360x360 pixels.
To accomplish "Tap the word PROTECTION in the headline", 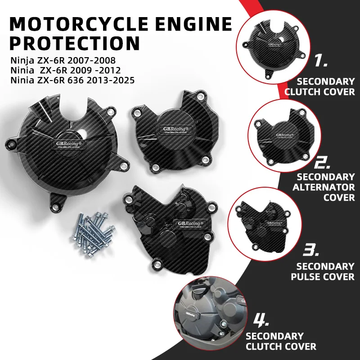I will click(74, 44).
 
